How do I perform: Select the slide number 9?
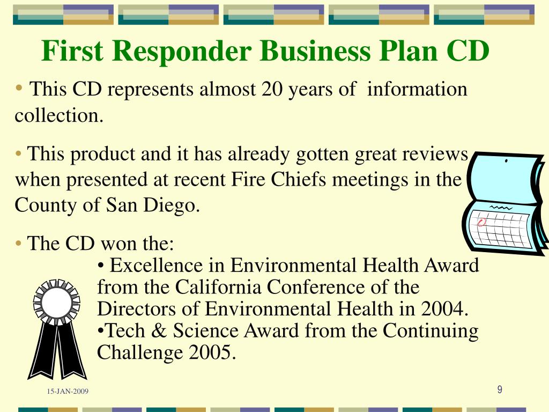[499, 390]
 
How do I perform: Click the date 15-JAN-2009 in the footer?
[68, 392]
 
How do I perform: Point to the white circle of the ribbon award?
[56, 302]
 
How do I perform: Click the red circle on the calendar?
[481, 222]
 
